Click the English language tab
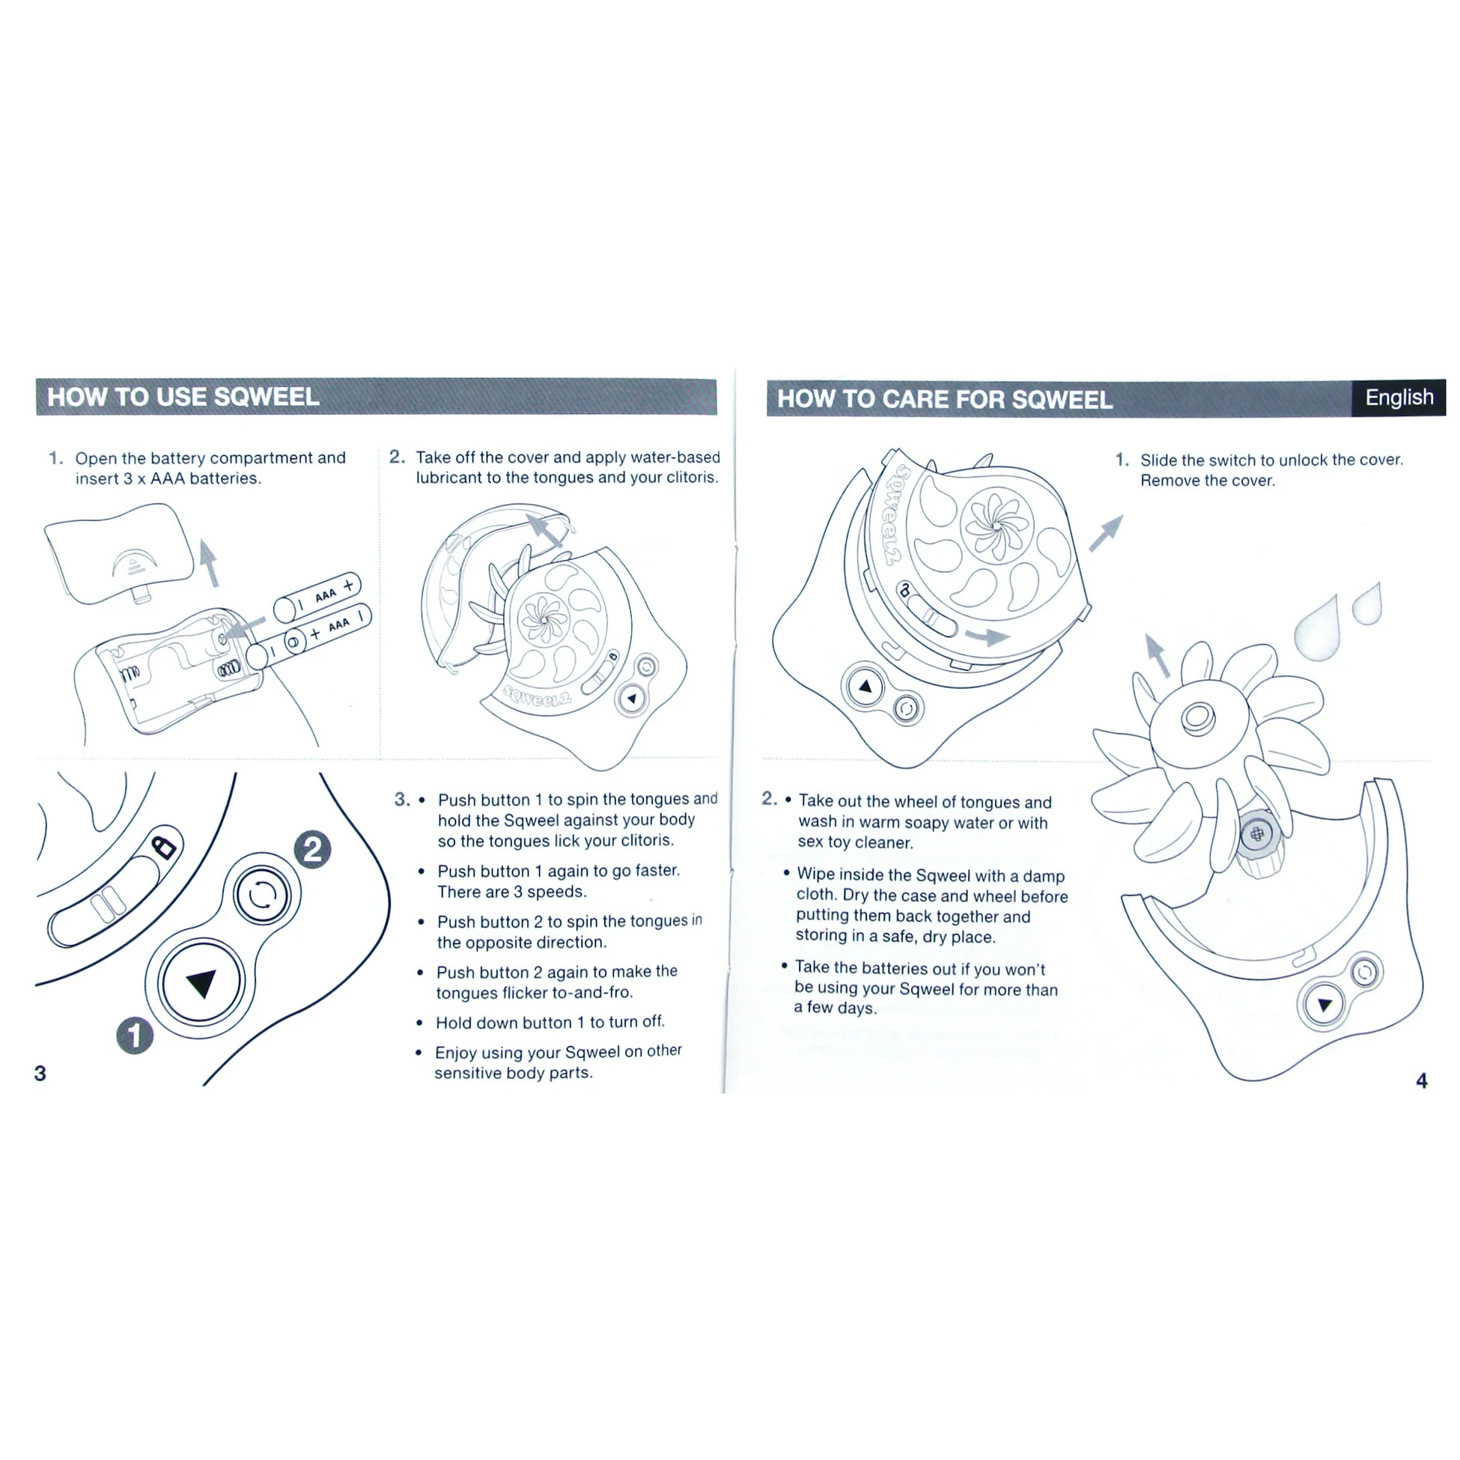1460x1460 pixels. (1398, 398)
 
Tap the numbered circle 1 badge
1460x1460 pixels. (135, 1035)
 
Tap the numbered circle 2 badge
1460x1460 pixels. (312, 849)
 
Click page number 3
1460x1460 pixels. (40, 1073)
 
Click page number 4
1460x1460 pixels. (1422, 1080)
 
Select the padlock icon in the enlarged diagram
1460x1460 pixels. (164, 845)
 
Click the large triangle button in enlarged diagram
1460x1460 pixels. (201, 982)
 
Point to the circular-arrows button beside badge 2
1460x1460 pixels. (261, 895)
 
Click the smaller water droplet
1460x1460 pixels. (1369, 604)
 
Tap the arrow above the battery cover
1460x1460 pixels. (210, 562)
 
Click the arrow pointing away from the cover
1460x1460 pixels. (1107, 533)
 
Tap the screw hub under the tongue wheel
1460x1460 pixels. (1256, 835)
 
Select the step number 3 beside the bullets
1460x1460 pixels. (402, 800)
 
